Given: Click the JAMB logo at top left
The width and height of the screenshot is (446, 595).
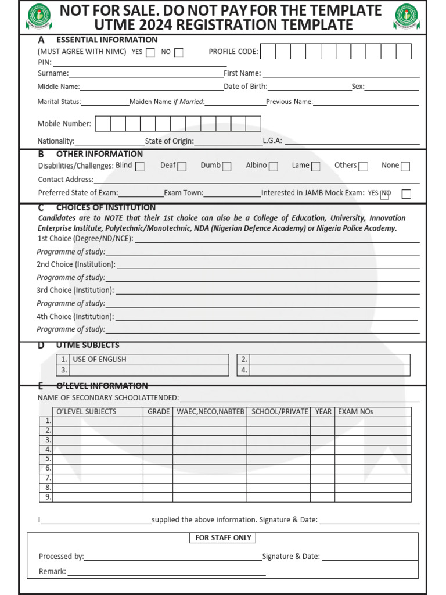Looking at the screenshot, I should pyautogui.click(x=38, y=16).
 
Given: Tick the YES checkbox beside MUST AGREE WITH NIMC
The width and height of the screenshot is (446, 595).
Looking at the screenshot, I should pyautogui.click(x=150, y=52).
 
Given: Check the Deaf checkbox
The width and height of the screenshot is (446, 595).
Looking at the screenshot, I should pyautogui.click(x=182, y=166).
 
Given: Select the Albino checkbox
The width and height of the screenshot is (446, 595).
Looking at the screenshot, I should pyautogui.click(x=273, y=166).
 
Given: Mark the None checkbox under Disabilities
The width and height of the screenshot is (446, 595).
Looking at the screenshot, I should pyautogui.click(x=405, y=166).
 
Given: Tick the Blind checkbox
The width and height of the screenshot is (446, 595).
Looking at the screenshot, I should pyautogui.click(x=140, y=166).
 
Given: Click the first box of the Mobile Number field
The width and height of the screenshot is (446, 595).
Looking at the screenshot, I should pyautogui.click(x=103, y=124).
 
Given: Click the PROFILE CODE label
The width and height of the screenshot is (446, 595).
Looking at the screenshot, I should pyautogui.click(x=233, y=52).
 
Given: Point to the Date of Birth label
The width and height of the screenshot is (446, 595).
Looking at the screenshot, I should pyautogui.click(x=246, y=87).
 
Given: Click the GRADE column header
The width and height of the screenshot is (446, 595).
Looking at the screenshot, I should pyautogui.click(x=159, y=411).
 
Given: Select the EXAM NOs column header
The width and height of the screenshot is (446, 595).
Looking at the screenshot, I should pyautogui.click(x=355, y=411).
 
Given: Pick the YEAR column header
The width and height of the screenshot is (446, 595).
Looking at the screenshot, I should pyautogui.click(x=323, y=411).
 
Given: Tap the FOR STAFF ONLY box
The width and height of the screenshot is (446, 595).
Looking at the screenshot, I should pyautogui.click(x=223, y=537).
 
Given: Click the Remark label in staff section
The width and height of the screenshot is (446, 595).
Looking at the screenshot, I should pyautogui.click(x=52, y=571).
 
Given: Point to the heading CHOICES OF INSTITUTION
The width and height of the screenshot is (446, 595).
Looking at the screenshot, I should pyautogui.click(x=106, y=207).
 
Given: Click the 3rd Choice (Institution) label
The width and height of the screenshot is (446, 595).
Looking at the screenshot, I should pyautogui.click(x=75, y=290).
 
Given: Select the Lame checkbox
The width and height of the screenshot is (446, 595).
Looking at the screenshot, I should pyautogui.click(x=315, y=166).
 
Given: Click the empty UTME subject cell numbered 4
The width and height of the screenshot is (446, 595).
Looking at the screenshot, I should pyautogui.click(x=330, y=370).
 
